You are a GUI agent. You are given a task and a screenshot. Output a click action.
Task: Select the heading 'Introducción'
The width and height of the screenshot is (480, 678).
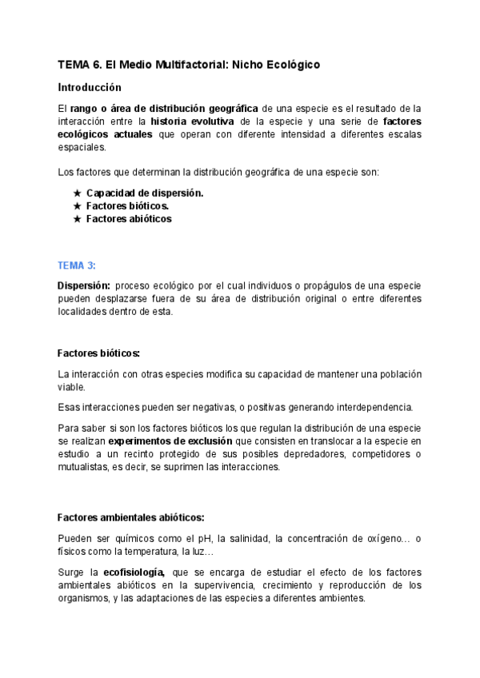coord(90,87)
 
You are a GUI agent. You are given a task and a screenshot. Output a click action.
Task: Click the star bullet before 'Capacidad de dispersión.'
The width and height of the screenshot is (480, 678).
coord(77,193)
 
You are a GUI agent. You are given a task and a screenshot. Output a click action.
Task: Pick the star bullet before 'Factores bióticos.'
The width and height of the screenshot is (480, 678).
coord(77,205)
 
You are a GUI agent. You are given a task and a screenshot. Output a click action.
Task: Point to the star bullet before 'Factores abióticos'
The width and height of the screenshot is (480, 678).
coord(77,218)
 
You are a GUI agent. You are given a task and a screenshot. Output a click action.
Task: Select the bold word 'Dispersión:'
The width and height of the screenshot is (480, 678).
coord(83,285)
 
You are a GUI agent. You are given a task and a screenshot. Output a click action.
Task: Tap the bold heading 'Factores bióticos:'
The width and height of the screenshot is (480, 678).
coord(98,353)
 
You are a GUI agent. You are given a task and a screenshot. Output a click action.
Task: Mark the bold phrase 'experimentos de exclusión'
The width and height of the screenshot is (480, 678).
coord(170,441)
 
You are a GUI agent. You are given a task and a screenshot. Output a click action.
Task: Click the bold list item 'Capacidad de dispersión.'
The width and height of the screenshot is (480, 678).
coord(145,193)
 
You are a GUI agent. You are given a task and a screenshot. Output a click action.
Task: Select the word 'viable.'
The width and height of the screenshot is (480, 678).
coord(71,387)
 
